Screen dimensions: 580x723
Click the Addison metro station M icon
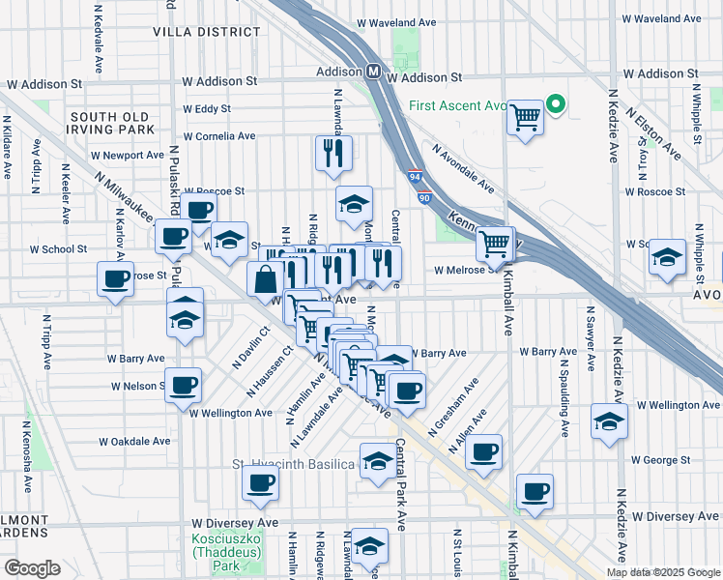coord(373,72)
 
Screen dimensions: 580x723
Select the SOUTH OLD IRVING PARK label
coord(110,123)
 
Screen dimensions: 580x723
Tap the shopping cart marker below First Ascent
coord(525,118)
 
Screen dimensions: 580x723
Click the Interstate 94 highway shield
coord(414,178)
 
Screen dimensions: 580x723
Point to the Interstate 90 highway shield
coord(425,197)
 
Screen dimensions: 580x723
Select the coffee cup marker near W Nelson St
coord(184,386)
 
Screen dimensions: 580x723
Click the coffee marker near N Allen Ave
coord(484,451)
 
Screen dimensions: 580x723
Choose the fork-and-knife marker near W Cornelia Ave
coord(333,153)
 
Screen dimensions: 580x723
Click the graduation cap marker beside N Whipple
coord(667,257)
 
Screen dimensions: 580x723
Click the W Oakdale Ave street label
coord(134,441)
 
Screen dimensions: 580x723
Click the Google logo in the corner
coord(32,568)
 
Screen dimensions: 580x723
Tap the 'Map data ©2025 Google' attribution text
coord(663,572)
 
